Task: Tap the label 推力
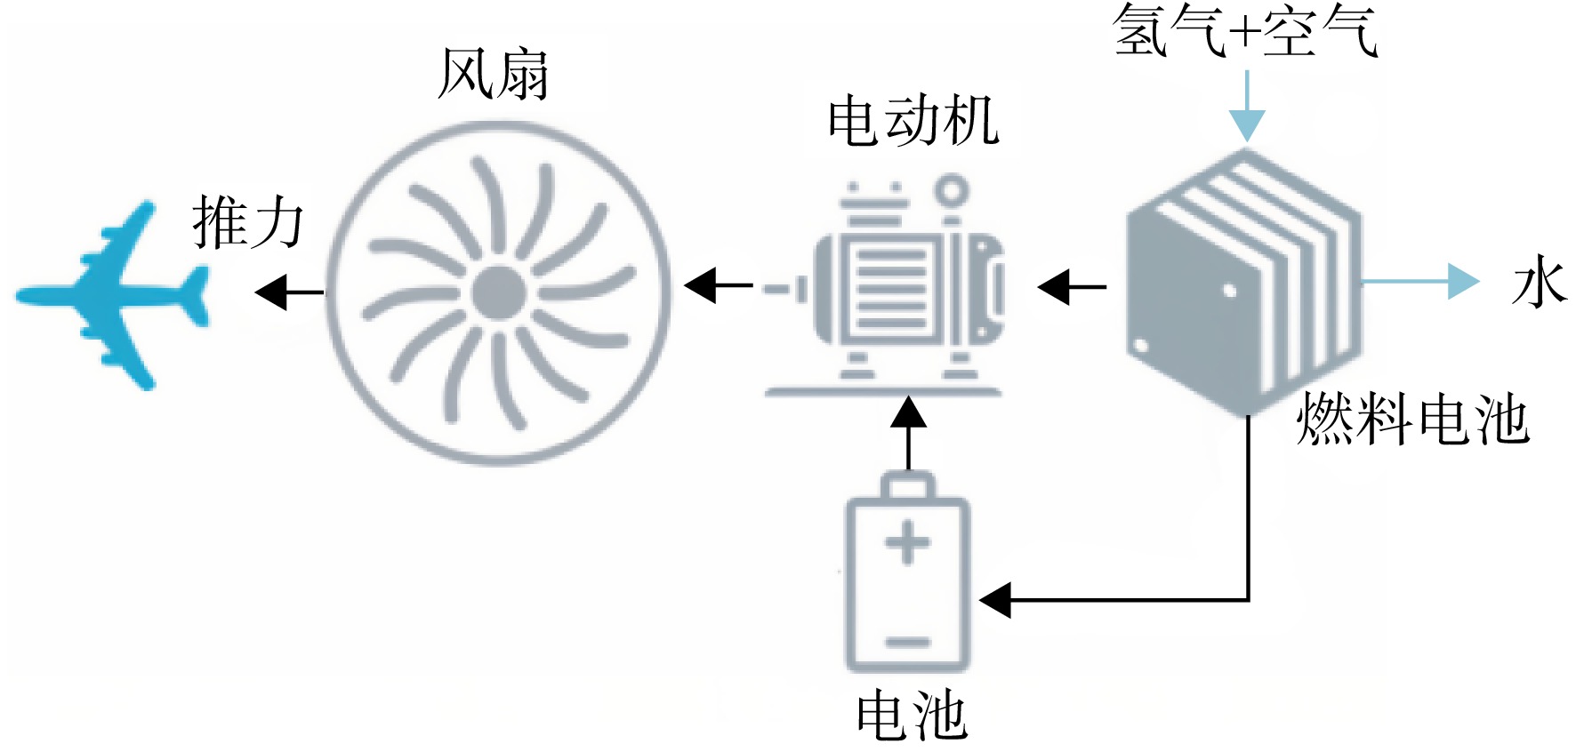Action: (x=249, y=222)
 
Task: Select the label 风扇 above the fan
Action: (x=494, y=74)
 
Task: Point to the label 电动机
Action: (x=913, y=121)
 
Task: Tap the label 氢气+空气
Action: (x=1244, y=30)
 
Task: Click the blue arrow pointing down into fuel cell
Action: (x=1247, y=106)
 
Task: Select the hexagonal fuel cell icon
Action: (x=1244, y=283)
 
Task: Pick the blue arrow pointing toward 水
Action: (x=1420, y=282)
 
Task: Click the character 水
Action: (x=1539, y=282)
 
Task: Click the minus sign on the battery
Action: (x=908, y=641)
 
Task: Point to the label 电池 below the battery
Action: (x=912, y=716)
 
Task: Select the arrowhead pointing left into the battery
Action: (x=995, y=600)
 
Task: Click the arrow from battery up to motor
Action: (x=908, y=433)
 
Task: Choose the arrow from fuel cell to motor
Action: (x=1072, y=287)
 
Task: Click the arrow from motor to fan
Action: (x=719, y=286)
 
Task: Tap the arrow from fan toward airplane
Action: (x=289, y=292)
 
